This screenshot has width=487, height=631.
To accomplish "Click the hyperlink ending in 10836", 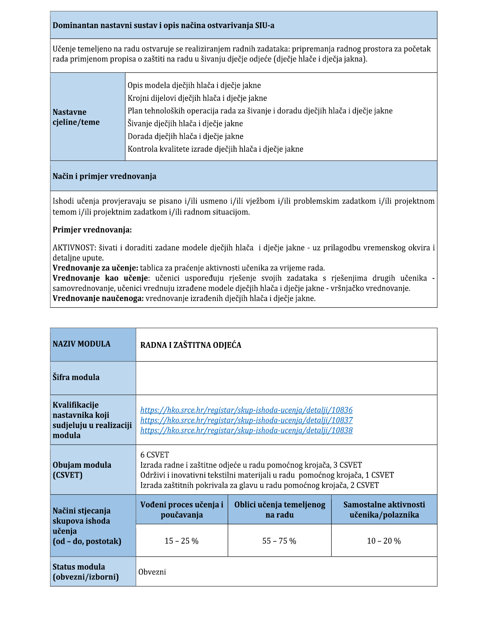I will pyautogui.click(x=246, y=410).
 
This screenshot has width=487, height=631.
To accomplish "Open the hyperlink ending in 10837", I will pyautogui.click(x=246, y=420).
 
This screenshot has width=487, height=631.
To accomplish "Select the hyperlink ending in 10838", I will pyautogui.click(x=246, y=430).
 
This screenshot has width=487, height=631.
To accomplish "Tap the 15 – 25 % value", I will pyautogui.click(x=182, y=541).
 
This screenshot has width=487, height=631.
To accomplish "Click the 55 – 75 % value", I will pyautogui.click(x=279, y=541).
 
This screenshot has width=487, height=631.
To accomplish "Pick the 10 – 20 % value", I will pyautogui.click(x=384, y=541).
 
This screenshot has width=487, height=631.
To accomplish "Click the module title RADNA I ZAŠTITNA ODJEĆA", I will pyautogui.click(x=191, y=345).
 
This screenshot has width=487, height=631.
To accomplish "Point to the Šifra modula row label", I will pyautogui.click(x=76, y=377).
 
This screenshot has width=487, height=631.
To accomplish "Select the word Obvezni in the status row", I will pyautogui.click(x=152, y=572).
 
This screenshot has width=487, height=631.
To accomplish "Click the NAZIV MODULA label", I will pyautogui.click(x=82, y=344).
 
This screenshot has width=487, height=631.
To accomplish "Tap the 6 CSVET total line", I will pyautogui.click(x=155, y=455).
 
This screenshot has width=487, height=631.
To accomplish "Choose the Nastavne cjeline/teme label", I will pyautogui.click(x=76, y=117).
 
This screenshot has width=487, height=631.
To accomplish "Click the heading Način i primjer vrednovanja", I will pyautogui.click(x=104, y=176).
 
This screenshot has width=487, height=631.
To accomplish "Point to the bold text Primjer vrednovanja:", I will pyautogui.click(x=92, y=230).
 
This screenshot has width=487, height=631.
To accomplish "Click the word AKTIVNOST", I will pyautogui.click(x=73, y=248).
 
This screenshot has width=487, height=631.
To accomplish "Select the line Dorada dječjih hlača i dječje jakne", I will pyautogui.click(x=185, y=136).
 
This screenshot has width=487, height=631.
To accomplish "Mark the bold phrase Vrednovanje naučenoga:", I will pyautogui.click(x=98, y=298).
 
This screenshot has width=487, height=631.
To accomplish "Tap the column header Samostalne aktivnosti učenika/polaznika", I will pyautogui.click(x=384, y=510).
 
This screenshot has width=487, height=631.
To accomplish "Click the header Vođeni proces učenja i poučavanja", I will pyautogui.click(x=182, y=510).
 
